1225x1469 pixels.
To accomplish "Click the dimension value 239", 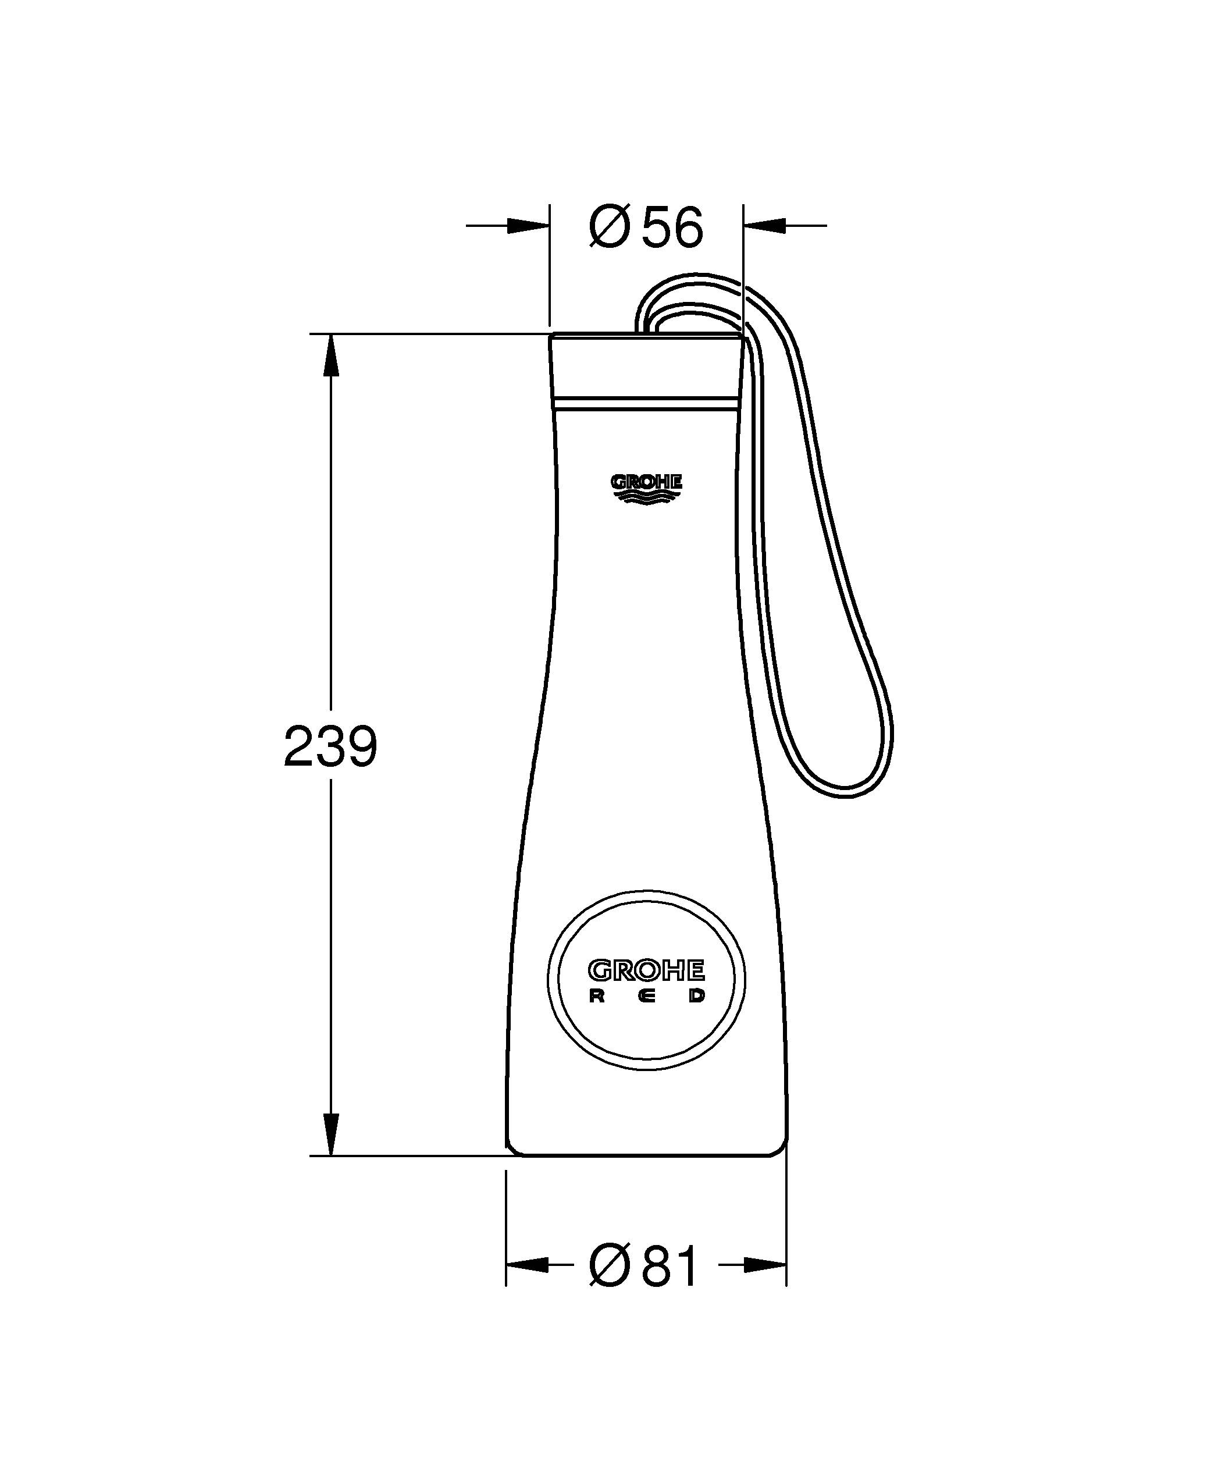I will click(x=330, y=746).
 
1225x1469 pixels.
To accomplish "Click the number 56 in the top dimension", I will click(x=672, y=228).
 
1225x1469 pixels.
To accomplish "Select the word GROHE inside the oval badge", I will click(x=646, y=970).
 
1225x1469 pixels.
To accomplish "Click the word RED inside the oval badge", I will click(x=646, y=997).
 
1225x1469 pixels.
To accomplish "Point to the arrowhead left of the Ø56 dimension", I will click(x=528, y=225).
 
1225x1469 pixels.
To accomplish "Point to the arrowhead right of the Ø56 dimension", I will click(x=765, y=225).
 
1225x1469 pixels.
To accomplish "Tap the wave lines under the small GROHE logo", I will click(x=646, y=497).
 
